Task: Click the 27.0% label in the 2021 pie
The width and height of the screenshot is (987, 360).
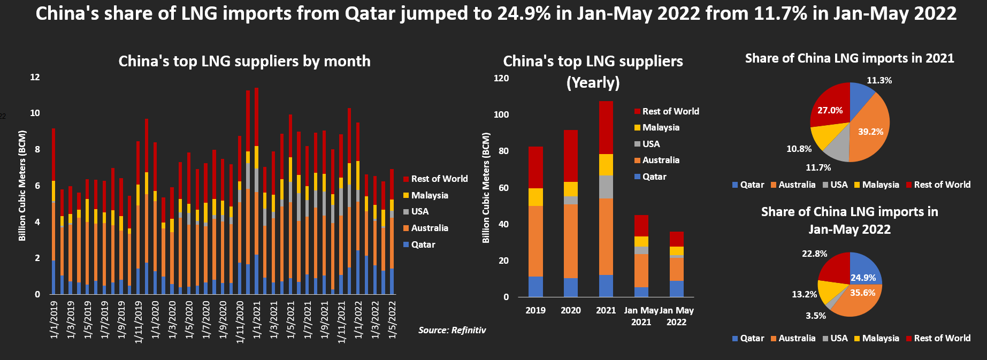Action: (x=830, y=110)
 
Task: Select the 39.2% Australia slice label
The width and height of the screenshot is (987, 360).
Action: (x=870, y=132)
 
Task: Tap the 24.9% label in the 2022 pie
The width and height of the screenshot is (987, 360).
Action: (x=863, y=278)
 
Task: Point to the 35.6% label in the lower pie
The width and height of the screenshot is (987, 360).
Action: (x=862, y=293)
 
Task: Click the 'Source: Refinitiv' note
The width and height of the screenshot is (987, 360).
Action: (x=452, y=330)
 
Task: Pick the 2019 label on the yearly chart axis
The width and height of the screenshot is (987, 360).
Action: (x=535, y=310)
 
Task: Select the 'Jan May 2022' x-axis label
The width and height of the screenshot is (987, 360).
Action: (x=676, y=316)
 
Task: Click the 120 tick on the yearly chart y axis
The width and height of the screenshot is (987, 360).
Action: (x=501, y=78)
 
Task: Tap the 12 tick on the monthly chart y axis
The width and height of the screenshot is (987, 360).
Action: (x=35, y=77)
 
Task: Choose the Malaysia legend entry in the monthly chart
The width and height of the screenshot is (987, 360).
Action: (x=430, y=195)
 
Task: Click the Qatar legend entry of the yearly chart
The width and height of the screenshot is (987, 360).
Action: (x=654, y=177)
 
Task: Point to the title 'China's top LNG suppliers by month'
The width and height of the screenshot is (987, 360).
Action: (x=244, y=61)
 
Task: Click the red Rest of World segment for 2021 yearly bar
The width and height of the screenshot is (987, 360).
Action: (x=606, y=127)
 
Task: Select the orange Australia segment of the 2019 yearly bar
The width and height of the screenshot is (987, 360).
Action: (x=535, y=241)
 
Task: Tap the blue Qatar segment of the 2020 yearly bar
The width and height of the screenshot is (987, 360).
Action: (x=571, y=287)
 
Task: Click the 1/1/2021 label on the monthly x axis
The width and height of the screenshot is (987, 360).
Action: (x=257, y=320)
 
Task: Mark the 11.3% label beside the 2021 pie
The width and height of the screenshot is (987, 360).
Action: (x=879, y=80)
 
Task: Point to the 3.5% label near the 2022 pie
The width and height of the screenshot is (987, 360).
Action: (x=815, y=316)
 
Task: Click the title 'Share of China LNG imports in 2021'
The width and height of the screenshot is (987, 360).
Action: (x=850, y=58)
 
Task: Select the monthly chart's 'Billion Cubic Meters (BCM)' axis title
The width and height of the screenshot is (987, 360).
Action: (x=22, y=185)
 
